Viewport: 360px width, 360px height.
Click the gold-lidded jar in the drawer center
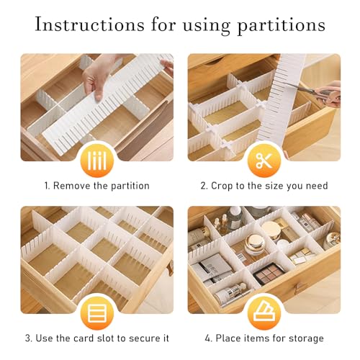point(260,246)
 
